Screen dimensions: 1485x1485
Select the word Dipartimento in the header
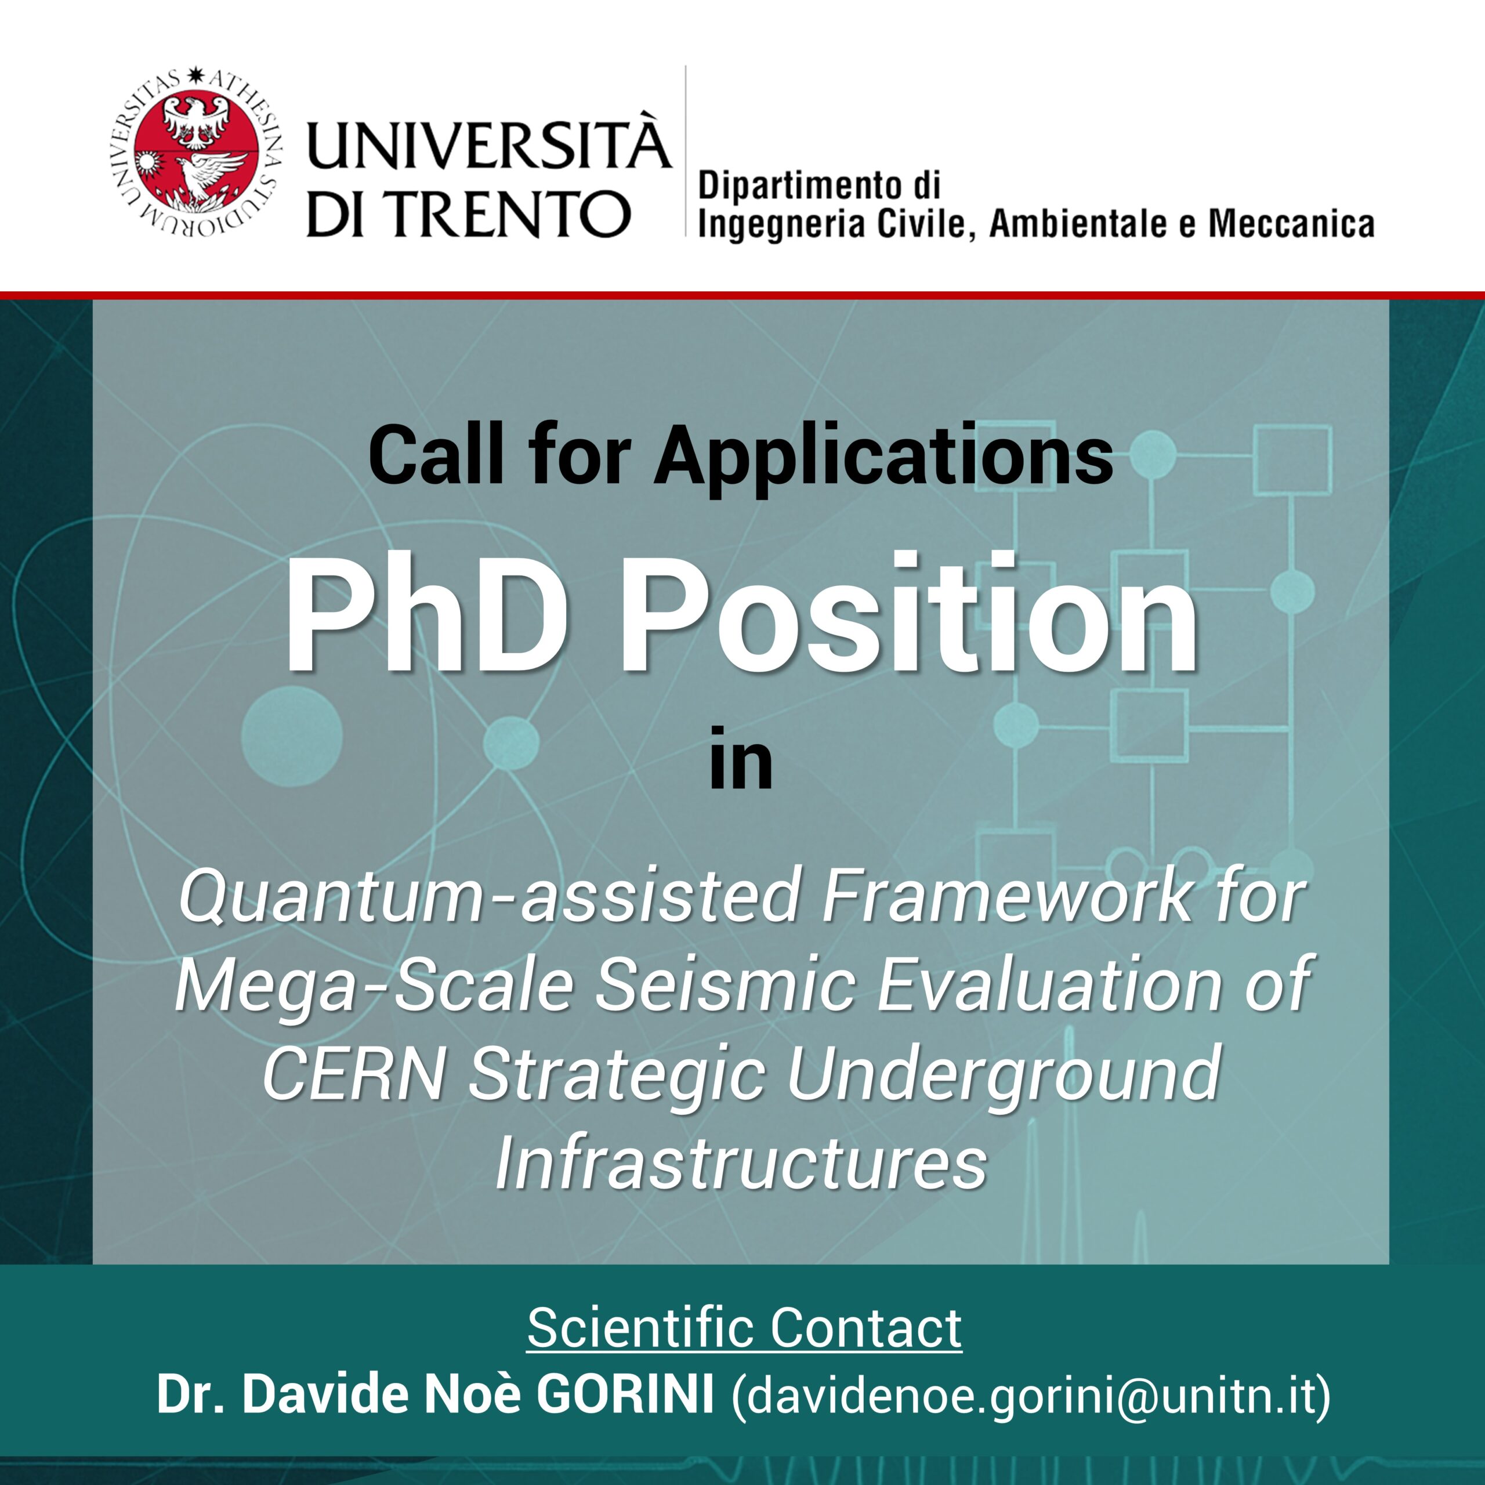792,187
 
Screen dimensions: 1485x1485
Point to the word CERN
354,1074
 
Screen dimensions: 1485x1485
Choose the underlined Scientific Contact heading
744,1327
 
